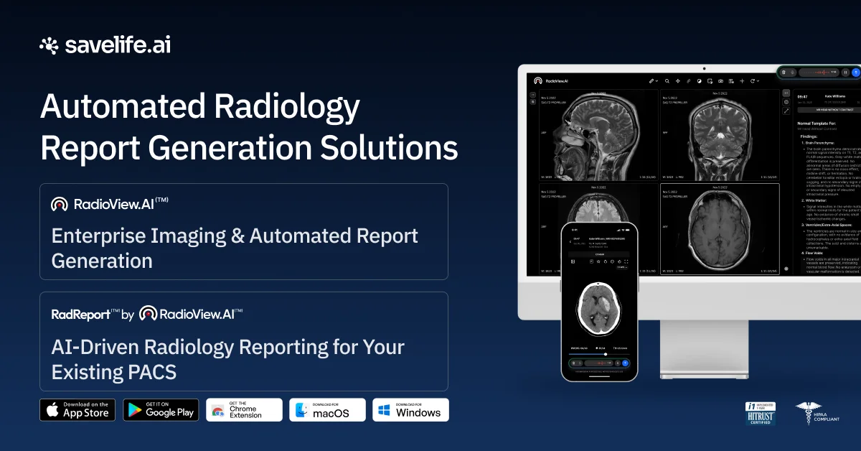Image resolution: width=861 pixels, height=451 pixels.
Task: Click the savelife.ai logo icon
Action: [50, 46]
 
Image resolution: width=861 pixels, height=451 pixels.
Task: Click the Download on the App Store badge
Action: [77, 410]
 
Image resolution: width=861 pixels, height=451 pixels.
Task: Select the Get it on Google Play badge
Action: [161, 410]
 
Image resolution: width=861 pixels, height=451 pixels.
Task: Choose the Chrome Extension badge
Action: [244, 410]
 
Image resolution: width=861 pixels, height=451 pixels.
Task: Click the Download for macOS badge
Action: [327, 410]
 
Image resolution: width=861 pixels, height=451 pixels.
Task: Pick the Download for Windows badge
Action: [410, 410]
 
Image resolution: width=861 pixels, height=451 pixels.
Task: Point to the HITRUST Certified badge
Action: [761, 414]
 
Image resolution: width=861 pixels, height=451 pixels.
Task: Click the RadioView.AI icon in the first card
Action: [60, 204]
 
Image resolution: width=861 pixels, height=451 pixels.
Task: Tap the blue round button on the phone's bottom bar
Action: [625, 363]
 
